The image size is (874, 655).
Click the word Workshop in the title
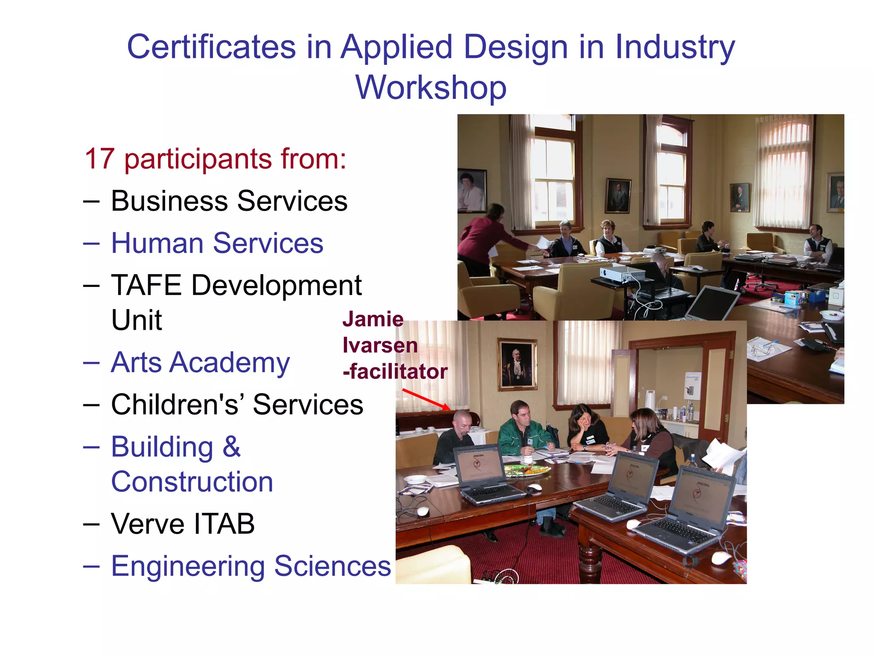point(431,87)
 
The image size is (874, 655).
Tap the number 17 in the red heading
point(99,159)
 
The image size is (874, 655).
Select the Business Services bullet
point(229,201)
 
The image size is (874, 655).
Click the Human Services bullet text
point(217,243)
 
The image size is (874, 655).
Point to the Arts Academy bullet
point(200,362)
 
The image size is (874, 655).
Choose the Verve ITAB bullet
point(183,524)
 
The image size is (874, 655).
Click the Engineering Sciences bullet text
point(251,566)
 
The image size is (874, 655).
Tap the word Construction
point(192,482)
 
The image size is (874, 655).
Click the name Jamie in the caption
point(373,319)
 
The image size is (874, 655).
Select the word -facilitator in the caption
point(395,371)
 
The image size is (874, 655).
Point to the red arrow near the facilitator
point(426,399)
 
